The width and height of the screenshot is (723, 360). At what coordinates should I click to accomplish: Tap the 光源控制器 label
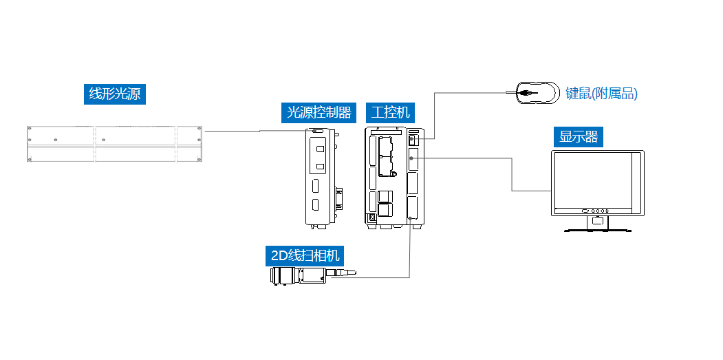pyautogui.click(x=319, y=112)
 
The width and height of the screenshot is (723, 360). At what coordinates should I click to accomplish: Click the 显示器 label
pyautogui.click(x=579, y=136)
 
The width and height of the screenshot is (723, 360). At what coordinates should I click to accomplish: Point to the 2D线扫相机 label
pyautogui.click(x=305, y=255)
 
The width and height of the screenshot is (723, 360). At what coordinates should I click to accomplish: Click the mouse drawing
pyautogui.click(x=537, y=92)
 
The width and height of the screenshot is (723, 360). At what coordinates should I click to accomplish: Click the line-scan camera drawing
pyautogui.click(x=303, y=276)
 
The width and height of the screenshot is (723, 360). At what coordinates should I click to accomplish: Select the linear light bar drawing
pyautogui.click(x=115, y=145)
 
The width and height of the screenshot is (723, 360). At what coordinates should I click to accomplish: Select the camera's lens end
pyautogui.click(x=277, y=276)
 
